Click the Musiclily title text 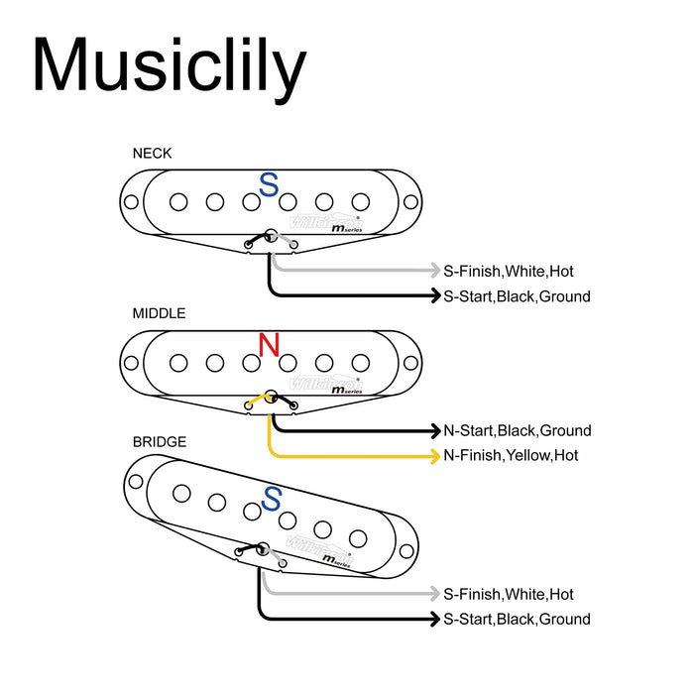pos(169,66)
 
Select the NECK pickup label pos(152,153)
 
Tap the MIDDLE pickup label pos(159,313)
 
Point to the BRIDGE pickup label pos(159,441)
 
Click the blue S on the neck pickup pos(269,184)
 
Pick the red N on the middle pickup pos(269,345)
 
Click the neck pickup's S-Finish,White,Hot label pos(508,271)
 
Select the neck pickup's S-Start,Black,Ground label pos(517,296)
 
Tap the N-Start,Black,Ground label pos(517,430)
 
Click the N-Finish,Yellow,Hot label pos(511,456)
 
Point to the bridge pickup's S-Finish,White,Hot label pos(508,594)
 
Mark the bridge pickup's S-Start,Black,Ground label pos(517,620)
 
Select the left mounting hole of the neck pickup pos(131,202)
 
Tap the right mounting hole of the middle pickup pos(407,362)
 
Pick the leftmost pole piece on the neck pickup pos(178,202)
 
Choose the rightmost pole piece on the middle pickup pos(360,362)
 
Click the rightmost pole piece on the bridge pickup pos(359,537)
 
